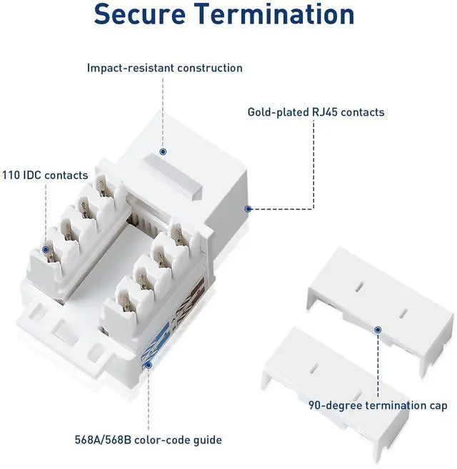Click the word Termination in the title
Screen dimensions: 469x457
284,14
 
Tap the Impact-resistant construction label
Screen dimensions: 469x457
165,69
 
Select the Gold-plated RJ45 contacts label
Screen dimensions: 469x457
316,112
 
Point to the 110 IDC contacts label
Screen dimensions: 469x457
44,175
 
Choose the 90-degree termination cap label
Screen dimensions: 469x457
378,405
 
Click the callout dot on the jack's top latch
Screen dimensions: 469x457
164,152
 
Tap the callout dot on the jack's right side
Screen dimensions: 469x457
248,209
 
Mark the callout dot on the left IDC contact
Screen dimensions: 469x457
46,250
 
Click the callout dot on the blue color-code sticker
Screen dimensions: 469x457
149,365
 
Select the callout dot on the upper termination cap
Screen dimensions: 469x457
378,330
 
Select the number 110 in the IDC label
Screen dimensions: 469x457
10,175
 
